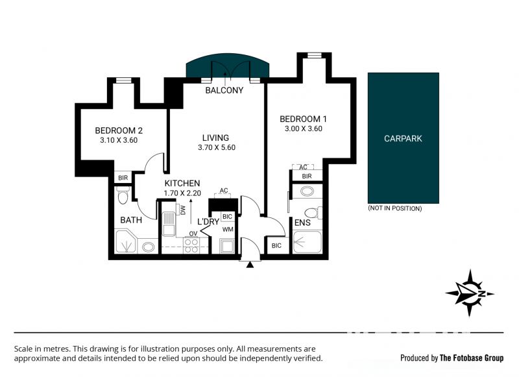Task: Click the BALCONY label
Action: tap(224, 90)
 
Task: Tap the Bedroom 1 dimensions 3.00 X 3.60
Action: tap(304, 128)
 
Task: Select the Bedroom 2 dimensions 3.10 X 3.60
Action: tap(119, 140)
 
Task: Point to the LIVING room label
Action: tap(215, 138)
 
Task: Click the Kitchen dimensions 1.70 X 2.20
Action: tap(182, 193)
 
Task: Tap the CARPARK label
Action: tap(403, 138)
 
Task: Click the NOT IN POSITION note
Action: tap(395, 208)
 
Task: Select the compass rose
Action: tap(470, 293)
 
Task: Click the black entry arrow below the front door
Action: tap(250, 264)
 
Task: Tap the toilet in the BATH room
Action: tap(123, 195)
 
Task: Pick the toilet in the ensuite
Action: tap(313, 212)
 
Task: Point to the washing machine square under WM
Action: tap(228, 246)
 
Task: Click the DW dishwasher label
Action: tap(182, 210)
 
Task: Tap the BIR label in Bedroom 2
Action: tap(123, 178)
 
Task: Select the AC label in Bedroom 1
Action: tap(303, 167)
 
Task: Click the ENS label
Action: tap(302, 223)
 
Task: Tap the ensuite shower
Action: tap(308, 242)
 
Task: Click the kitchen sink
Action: tap(169, 223)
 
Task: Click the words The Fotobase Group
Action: tap(472, 358)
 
